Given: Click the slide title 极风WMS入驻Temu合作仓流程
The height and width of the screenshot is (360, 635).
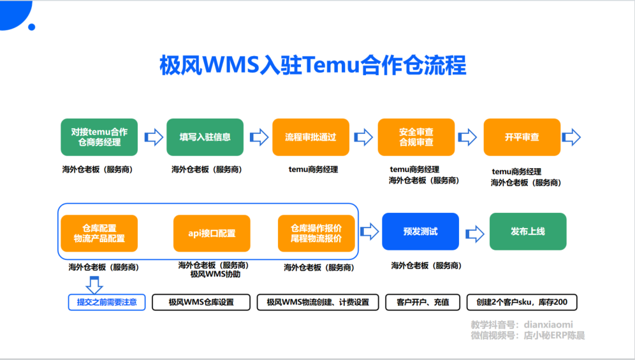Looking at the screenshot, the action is click(312, 65).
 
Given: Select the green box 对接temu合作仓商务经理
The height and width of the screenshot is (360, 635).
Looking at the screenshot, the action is click(99, 137).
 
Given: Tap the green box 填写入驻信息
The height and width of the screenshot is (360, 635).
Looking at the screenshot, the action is click(205, 137).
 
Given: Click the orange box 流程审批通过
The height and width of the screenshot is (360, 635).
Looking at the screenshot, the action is click(310, 137).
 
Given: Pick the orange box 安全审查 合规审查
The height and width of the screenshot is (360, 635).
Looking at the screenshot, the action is click(416, 137).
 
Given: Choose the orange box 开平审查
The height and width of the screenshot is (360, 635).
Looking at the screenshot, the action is click(522, 137).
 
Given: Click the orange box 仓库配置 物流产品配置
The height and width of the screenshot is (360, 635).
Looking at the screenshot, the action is click(99, 233).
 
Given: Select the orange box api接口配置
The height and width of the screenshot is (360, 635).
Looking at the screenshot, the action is click(212, 233).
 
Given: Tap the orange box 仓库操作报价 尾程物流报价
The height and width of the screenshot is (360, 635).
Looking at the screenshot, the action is click(316, 233).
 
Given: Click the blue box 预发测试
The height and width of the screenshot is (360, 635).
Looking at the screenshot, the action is click(420, 231).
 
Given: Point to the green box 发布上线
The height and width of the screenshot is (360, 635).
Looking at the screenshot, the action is click(528, 231).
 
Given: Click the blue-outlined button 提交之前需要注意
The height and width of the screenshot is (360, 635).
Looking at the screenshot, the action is click(107, 302).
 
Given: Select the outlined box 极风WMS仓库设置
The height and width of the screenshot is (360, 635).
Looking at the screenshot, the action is click(201, 302).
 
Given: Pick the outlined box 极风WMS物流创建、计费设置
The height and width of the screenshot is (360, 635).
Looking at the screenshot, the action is click(318, 302).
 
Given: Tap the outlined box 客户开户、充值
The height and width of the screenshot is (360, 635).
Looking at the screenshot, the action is click(423, 302).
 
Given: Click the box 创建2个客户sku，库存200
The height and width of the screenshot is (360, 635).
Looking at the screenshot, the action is click(522, 302).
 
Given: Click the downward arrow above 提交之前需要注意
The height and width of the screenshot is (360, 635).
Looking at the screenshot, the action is click(94, 285).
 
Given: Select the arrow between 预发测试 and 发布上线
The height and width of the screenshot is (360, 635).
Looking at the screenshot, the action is click(474, 234).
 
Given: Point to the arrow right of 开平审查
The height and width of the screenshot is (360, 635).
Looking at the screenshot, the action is click(571, 137).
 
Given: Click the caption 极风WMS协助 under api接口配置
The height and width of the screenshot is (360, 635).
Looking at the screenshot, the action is click(215, 275).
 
